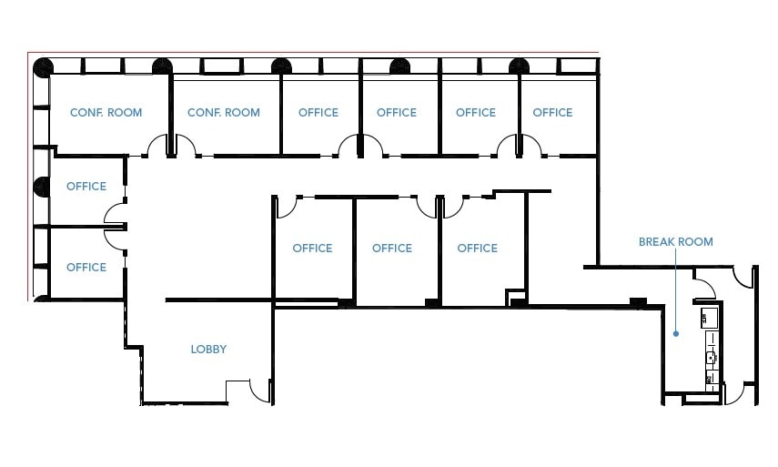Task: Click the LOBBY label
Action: coord(208,349)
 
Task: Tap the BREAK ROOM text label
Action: coord(675,242)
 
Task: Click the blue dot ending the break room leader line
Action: coord(675,334)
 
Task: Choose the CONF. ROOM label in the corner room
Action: coord(106,113)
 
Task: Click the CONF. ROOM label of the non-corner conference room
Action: coord(223,113)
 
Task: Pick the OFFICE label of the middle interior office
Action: coord(392,248)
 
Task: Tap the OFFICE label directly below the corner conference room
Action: coord(86,187)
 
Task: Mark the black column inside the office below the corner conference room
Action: coord(42,187)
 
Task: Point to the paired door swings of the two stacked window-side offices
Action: coord(116,225)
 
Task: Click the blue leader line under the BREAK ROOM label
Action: coord(675,291)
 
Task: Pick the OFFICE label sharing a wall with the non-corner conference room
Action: coord(318,113)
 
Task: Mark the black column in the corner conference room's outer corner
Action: coord(43,66)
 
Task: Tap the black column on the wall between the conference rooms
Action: coord(163,66)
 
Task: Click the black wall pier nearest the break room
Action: coord(638,302)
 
